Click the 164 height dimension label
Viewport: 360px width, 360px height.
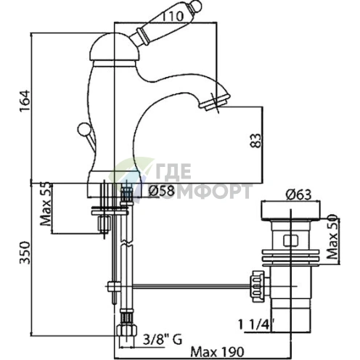point(25,101)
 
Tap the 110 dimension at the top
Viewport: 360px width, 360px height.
point(172,17)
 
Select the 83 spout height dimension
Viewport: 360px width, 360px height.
point(256,140)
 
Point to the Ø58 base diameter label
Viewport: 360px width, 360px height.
point(161,191)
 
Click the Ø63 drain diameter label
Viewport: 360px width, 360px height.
point(298,195)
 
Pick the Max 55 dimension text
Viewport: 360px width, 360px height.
point(46,204)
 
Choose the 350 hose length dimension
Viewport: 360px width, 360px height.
point(25,253)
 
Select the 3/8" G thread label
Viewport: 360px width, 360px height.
point(163,340)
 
